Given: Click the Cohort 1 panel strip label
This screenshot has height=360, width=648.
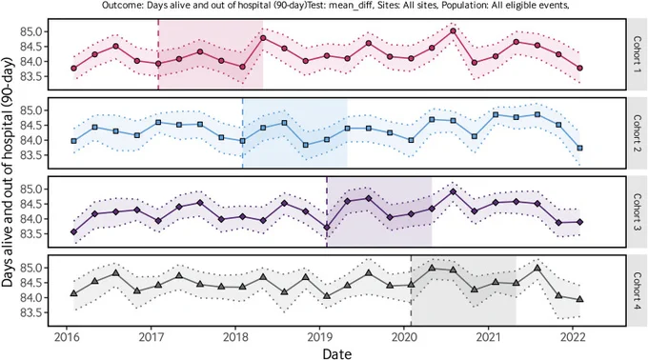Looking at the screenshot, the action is coord(638,54).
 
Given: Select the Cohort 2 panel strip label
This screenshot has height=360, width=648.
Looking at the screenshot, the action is coord(638,133).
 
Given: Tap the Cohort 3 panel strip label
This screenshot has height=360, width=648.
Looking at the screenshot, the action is coord(638,211).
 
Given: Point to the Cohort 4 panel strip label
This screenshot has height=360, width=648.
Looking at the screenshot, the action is coord(638,290).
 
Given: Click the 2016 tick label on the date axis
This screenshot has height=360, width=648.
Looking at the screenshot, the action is coord(67,337).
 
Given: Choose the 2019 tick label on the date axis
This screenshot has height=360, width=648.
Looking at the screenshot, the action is coord(319,337).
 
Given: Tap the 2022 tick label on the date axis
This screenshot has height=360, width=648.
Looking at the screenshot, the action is coord(573,337).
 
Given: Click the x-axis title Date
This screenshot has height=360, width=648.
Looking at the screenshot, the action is coord(337,353).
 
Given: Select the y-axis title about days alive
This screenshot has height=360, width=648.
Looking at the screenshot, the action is coord(8,171).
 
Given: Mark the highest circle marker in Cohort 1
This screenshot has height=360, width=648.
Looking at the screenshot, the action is coord(453,31).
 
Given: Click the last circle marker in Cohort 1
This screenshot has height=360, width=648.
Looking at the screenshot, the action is coord(579,69).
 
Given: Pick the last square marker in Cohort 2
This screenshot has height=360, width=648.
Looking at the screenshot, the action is coord(579,148).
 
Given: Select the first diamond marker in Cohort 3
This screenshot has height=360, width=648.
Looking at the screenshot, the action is coord(74,232).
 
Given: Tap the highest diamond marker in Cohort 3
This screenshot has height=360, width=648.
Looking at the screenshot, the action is coord(453,191).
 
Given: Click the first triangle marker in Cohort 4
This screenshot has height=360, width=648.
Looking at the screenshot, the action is coord(74,293).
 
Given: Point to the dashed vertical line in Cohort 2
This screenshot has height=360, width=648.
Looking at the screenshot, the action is coord(243,133).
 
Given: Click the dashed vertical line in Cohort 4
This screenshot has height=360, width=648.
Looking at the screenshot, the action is coord(412,290).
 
